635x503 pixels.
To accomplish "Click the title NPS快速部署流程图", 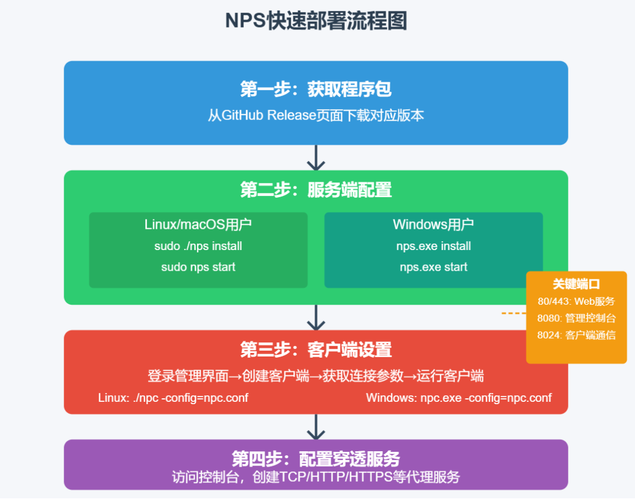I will coord(316,21).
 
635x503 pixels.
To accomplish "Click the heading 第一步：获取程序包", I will coord(316,89).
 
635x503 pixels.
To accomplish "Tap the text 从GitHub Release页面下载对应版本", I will coord(316,115).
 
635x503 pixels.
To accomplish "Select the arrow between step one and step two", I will coord(316,157).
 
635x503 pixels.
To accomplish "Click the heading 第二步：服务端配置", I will coord(316,190).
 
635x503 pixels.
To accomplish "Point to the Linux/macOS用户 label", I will coord(198,225).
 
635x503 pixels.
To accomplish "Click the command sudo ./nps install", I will coord(198,246).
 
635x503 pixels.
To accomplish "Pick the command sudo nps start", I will coord(198,267).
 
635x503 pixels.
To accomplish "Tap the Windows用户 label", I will coord(433,225).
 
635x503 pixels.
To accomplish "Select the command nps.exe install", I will coord(433,246).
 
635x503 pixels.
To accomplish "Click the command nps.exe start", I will coord(433,267).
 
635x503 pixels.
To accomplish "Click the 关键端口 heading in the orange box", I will coord(576,284).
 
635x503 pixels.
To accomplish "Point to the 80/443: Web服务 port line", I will coord(576,301).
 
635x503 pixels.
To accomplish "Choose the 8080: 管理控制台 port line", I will coord(576,318).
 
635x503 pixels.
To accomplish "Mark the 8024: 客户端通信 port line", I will coord(576,335).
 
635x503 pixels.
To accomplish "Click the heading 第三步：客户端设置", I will coord(316,350).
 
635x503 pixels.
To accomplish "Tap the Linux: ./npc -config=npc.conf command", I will coord(173,398).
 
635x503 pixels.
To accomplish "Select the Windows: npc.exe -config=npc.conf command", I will coord(459,398).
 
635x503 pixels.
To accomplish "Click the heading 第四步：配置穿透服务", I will coord(316,459).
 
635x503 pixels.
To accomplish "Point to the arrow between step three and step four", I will coord(316,427).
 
